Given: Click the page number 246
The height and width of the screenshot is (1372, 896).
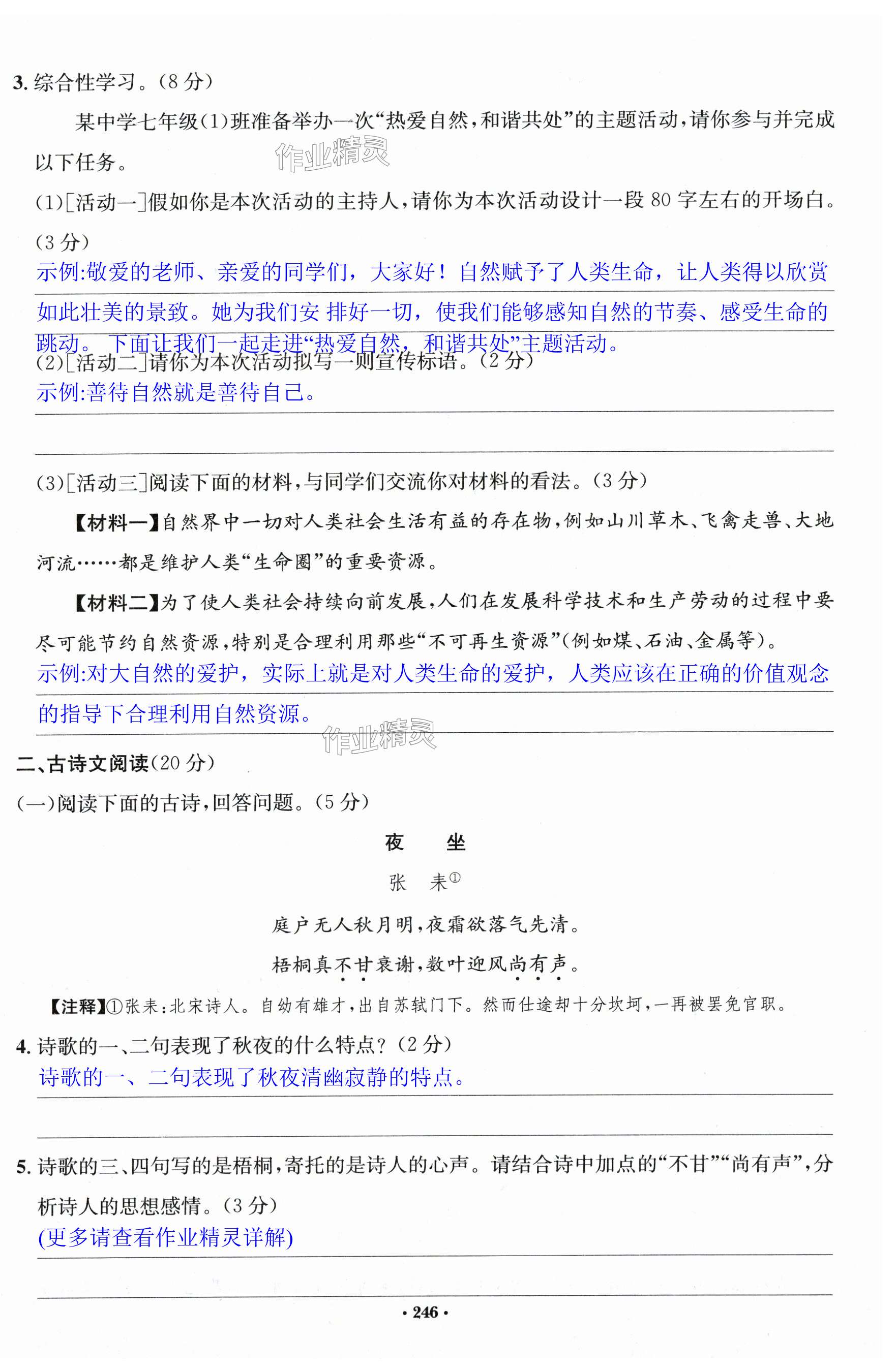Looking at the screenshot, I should [426, 1313].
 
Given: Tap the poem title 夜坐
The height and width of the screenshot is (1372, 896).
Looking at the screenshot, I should [425, 843].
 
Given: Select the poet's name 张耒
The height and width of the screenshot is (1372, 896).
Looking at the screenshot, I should [419, 883].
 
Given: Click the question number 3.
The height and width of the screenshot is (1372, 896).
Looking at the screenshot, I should [20, 83].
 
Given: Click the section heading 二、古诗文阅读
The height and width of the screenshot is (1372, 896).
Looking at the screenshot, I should [82, 763].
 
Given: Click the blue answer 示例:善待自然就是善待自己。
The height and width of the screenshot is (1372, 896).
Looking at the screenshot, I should [176, 393].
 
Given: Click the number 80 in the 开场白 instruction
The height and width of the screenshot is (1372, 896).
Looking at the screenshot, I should [661, 201].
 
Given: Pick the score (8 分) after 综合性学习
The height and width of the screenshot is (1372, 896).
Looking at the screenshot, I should [185, 82].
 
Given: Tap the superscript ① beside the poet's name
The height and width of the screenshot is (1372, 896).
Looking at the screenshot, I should [455, 878].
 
